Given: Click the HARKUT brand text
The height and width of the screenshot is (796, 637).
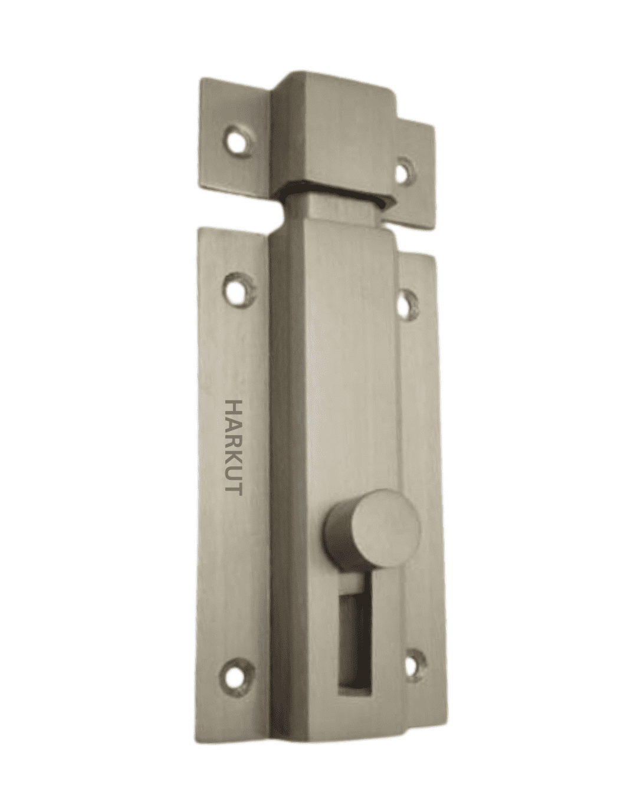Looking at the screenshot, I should (x=233, y=448).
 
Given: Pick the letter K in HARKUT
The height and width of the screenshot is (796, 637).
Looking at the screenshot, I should (x=233, y=458).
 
